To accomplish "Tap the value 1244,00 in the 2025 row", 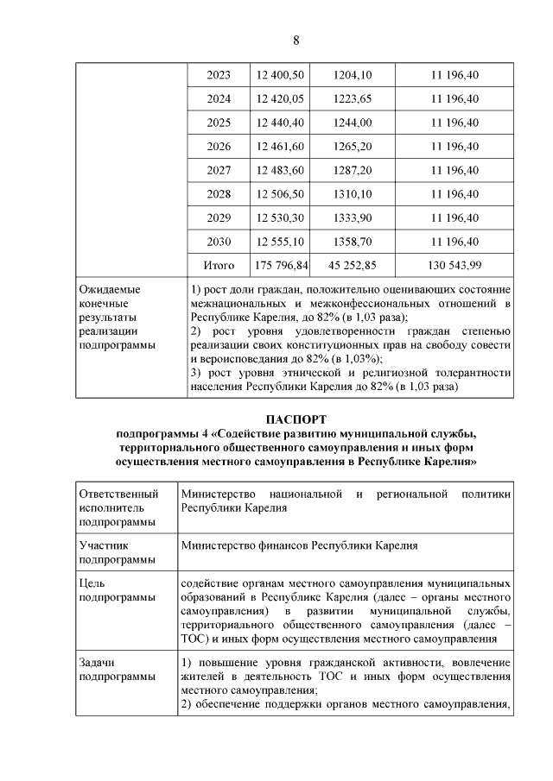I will pos(352,123).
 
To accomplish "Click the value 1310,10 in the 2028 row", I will pos(352,194).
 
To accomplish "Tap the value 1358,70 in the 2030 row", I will pos(352,242).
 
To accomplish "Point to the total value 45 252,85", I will pos(352,266).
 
